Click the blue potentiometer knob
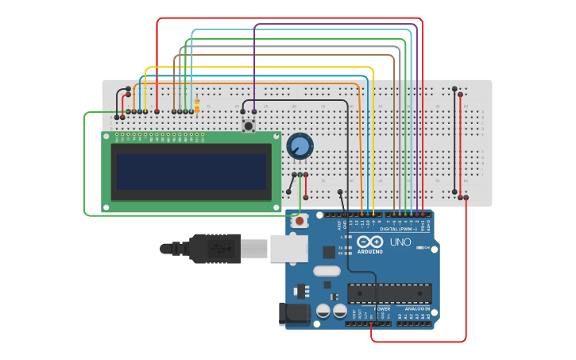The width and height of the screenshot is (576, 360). click(x=300, y=146)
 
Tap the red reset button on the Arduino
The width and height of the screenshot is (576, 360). click(x=300, y=221)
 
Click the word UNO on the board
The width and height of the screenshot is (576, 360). click(x=400, y=242)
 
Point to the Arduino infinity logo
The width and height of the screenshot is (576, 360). click(x=369, y=242)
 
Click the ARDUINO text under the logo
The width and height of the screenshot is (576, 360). click(x=369, y=252)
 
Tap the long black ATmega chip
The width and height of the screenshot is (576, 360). click(x=389, y=293)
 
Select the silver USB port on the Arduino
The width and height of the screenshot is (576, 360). click(x=288, y=248)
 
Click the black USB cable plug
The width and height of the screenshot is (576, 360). click(x=215, y=248)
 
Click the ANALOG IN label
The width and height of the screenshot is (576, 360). click(x=415, y=308)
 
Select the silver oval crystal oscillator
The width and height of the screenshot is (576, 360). click(x=327, y=271)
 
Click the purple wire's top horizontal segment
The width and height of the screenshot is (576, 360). click(x=334, y=25)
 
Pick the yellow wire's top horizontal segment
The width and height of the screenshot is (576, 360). click(x=262, y=68)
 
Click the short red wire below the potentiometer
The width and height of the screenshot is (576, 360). click(x=306, y=186)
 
